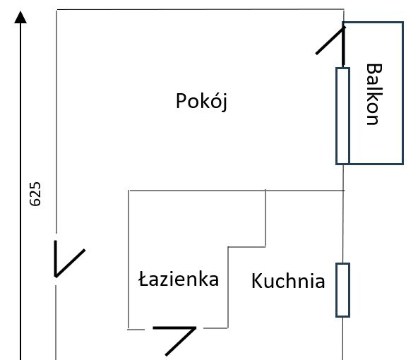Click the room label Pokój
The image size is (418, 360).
201,102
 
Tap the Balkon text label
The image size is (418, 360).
374,94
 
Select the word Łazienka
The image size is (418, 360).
179,279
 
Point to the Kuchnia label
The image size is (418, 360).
288,281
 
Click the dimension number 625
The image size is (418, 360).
35,194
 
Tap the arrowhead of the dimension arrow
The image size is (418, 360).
20,17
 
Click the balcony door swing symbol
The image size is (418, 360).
331,45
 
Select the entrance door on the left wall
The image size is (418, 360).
68,259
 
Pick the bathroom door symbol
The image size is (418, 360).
174,340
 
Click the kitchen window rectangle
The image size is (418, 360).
342,290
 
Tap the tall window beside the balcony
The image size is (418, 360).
342,116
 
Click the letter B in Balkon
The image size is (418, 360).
374,69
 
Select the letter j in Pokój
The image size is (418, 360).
224,102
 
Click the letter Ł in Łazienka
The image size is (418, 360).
144,279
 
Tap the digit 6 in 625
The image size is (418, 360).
35,202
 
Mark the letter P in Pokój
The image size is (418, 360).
181,100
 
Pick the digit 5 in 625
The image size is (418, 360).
35,186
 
